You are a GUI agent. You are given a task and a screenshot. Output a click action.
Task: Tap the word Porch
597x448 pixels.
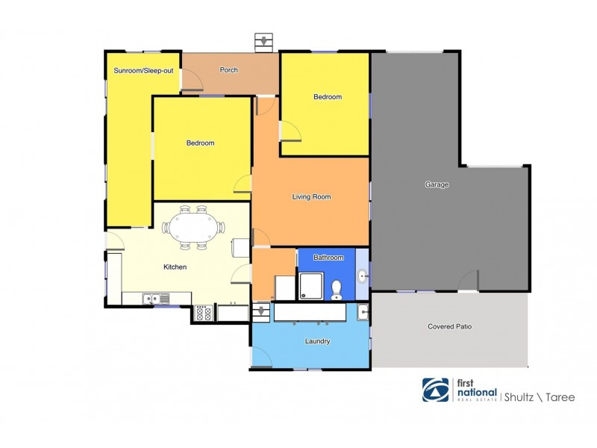click(x=229, y=70)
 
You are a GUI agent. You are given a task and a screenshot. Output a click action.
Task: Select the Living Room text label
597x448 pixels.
click(x=311, y=197)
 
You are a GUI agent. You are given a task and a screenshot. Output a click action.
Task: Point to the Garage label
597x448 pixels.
click(x=437, y=184)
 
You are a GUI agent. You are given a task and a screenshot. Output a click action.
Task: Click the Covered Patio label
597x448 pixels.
click(x=449, y=326)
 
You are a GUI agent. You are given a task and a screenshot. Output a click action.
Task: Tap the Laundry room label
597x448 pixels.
click(x=318, y=341)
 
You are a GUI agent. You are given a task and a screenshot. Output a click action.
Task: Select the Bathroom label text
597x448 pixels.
click(x=328, y=258)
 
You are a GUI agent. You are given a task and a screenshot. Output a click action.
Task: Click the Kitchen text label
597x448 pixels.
click(x=175, y=267)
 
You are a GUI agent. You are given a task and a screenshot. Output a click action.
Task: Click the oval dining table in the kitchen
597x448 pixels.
click(x=193, y=228)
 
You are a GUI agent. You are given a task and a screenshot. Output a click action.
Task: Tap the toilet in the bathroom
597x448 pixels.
click(x=336, y=287)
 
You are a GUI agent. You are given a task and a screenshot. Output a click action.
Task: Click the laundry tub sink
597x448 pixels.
click(x=362, y=311)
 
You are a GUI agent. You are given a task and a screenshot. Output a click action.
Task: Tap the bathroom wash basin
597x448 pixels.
click(x=362, y=278)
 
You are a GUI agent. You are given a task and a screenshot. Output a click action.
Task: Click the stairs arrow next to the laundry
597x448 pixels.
click(x=261, y=310)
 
